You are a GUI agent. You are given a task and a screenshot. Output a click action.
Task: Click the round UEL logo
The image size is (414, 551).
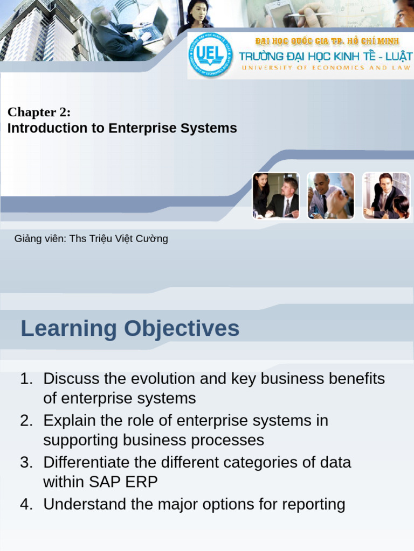pyautogui.click(x=210, y=55)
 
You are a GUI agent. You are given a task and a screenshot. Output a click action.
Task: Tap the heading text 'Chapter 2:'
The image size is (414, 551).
pyautogui.click(x=39, y=112)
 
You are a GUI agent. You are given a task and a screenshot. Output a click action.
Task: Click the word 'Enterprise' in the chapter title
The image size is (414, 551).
pyautogui.click(x=142, y=128)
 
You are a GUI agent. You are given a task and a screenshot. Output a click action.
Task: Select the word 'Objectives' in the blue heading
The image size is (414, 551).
pyautogui.click(x=182, y=329)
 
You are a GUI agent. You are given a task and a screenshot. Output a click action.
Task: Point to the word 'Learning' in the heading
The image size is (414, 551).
pyautogui.click(x=68, y=329)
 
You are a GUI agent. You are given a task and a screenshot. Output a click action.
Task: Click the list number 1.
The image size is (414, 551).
pyautogui.click(x=26, y=379)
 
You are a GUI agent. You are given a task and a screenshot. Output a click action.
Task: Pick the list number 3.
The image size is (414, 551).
pyautogui.click(x=26, y=462)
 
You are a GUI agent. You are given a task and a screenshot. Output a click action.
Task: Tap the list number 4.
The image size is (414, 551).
pyautogui.click(x=26, y=504)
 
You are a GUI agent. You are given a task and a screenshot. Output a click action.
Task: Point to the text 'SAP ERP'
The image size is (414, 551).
pyautogui.click(x=123, y=482)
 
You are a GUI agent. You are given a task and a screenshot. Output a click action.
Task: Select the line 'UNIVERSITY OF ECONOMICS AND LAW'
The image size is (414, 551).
pyautogui.click(x=326, y=67)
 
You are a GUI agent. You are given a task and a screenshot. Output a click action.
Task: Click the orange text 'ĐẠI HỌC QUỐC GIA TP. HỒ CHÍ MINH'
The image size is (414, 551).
pyautogui.click(x=327, y=41)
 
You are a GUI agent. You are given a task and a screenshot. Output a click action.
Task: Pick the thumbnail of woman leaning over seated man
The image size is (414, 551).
pyautogui.click(x=276, y=196)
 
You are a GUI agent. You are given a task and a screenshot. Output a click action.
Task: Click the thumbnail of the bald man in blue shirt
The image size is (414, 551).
pyautogui.click(x=331, y=196)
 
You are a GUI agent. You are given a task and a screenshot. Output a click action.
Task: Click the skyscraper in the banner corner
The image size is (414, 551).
pyautogui.click(x=39, y=30)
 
